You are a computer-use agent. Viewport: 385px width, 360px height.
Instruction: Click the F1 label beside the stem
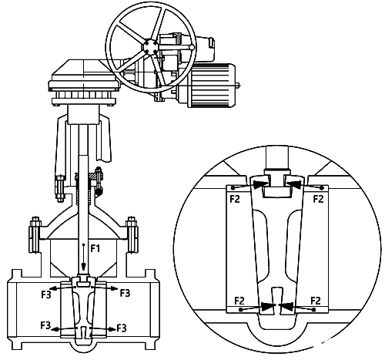tap(95, 248)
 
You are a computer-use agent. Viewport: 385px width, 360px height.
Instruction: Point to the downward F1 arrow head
tap(83, 268)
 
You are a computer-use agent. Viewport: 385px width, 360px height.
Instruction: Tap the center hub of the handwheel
tap(151, 46)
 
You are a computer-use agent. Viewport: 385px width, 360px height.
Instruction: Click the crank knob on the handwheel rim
tap(192, 47)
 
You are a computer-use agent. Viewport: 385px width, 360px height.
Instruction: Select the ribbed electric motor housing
tap(213, 86)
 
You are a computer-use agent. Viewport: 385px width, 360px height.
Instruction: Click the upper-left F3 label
tap(46, 294)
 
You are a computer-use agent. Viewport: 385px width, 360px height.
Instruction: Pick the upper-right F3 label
tap(126, 293)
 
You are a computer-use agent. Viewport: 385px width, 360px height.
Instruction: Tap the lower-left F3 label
tap(45, 325)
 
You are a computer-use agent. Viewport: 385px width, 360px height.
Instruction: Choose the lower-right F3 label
tap(122, 328)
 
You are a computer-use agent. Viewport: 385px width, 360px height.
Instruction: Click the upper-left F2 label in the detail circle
tap(235, 199)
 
